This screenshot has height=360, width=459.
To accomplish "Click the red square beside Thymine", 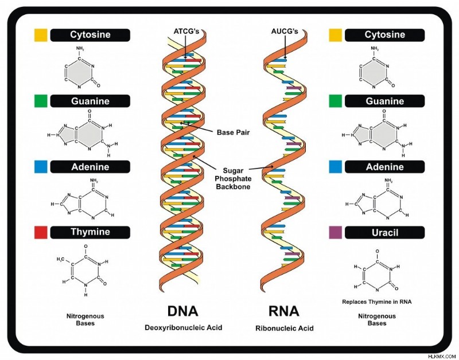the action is pos(41,232).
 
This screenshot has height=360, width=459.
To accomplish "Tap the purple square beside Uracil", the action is pos(335,232).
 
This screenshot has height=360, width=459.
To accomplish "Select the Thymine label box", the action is pos(90,232).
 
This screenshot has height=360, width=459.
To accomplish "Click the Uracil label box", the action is pos(384,233).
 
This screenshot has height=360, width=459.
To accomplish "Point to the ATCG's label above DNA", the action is pos(186,32).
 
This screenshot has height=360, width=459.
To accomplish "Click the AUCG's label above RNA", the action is pos(285,32).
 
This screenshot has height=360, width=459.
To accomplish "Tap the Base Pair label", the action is pos(234,132).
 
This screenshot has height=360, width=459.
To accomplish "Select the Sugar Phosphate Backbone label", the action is pos(234,178).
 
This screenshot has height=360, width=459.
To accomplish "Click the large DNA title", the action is pos(182,311).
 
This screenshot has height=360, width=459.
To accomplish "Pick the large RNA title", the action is pos(284,311).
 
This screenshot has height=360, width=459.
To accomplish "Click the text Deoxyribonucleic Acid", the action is pos(184,327).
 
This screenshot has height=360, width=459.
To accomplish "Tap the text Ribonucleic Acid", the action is pos(285,328).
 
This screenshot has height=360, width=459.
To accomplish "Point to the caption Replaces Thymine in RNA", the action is pos(377,302).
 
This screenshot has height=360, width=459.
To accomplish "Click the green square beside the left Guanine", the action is pos(41,101).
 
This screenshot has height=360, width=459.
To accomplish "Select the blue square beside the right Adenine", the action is pos(335,167).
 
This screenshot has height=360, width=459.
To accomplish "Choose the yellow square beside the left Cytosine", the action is pos(41,35).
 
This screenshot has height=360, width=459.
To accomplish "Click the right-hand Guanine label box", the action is pos(384,101).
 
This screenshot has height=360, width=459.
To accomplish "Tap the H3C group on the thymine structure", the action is pos(61,259).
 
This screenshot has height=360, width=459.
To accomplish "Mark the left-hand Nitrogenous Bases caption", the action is pos(85,320).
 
